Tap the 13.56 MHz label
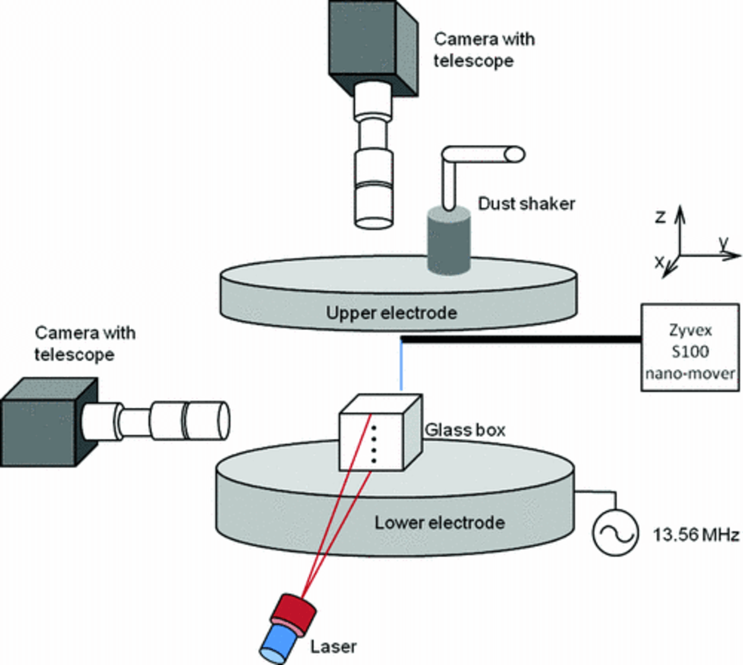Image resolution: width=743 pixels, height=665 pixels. (696, 534)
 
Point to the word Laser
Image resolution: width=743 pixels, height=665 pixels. (333, 646)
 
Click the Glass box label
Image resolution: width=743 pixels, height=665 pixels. (465, 430)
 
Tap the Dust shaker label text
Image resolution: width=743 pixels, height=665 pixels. (526, 204)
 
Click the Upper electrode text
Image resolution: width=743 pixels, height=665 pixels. (391, 313)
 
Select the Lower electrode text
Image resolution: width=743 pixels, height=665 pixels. (439, 522)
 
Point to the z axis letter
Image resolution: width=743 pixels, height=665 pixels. (660, 217)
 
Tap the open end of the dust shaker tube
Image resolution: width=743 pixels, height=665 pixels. (515, 154)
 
